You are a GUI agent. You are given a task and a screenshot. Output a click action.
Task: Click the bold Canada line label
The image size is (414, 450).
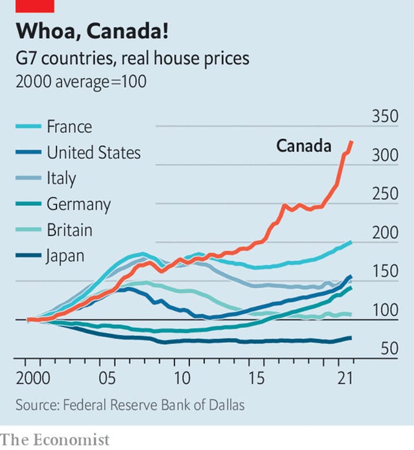pyautogui.click(x=303, y=146)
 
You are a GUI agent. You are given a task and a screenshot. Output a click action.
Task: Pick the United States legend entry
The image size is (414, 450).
pyautogui.click(x=93, y=152)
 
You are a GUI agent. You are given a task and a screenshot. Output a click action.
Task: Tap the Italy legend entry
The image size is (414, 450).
pyautogui.click(x=61, y=178)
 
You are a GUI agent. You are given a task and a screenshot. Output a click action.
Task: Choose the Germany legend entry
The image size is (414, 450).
pyautogui.click(x=78, y=204)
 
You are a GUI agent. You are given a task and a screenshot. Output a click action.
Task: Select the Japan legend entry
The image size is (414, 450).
pyautogui.click(x=65, y=256)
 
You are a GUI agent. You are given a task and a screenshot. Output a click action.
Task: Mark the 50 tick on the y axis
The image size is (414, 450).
pyautogui.click(x=388, y=349)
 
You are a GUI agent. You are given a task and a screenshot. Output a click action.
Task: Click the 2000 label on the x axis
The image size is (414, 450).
pyautogui.click(x=30, y=378)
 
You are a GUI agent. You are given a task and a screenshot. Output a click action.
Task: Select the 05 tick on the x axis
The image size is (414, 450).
pyautogui.click(x=107, y=378)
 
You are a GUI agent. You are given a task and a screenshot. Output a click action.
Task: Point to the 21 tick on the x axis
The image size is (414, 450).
pyautogui.click(x=341, y=378)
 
